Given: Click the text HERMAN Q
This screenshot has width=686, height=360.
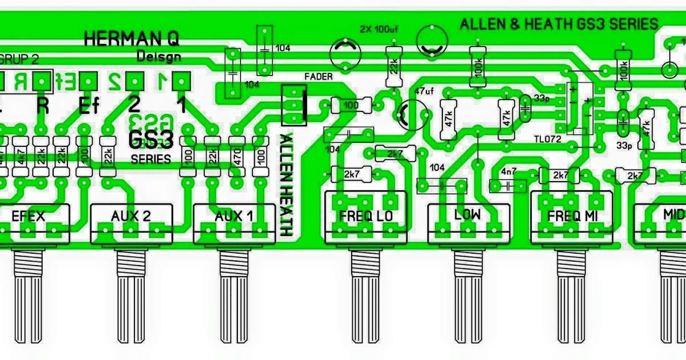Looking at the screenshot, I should [x=131, y=39].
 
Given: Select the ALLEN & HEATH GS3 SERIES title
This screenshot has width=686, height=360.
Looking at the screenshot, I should [x=559, y=24].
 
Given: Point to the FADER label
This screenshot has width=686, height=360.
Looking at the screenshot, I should [x=318, y=77].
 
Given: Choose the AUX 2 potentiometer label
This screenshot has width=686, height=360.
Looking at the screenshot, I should [x=131, y=217].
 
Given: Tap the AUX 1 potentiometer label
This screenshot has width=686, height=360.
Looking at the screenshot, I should [x=233, y=217].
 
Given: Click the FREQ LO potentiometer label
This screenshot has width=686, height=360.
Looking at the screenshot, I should [x=364, y=217].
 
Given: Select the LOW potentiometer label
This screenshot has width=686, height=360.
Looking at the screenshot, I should [x=468, y=215].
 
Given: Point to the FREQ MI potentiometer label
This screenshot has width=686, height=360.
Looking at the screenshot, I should [x=571, y=217].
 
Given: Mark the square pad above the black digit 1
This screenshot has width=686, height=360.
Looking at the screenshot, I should [x=181, y=81].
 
